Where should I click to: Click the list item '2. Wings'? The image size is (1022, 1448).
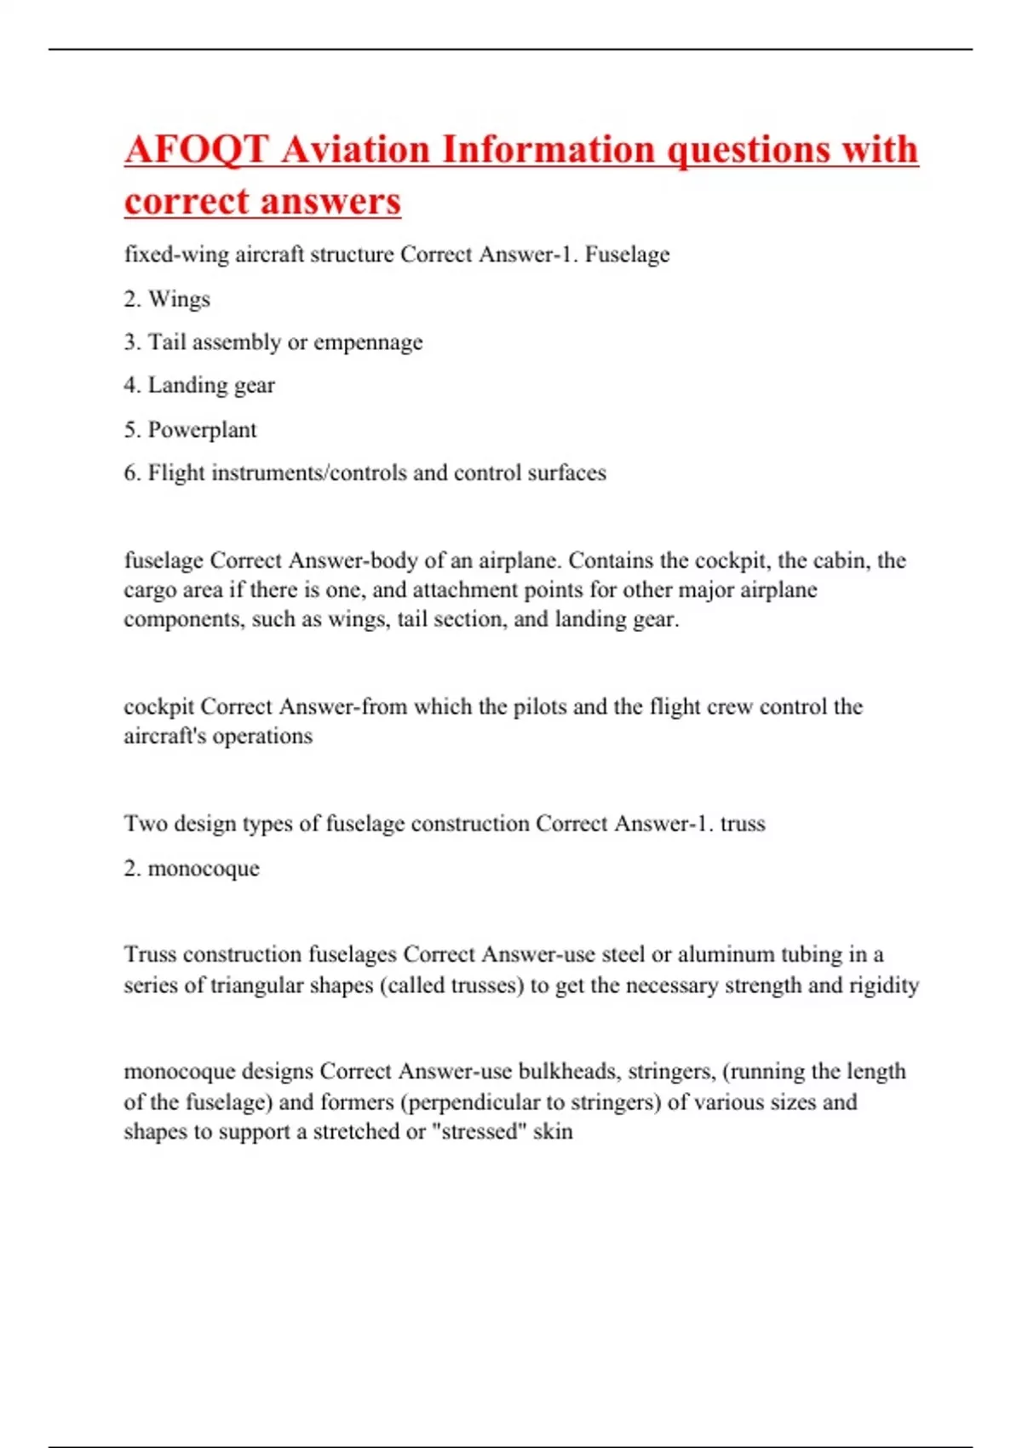coord(167,299)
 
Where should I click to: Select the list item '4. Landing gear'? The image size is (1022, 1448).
coord(199,386)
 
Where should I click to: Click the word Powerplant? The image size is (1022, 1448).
coord(202,430)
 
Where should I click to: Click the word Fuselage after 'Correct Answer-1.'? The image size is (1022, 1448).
coord(627,255)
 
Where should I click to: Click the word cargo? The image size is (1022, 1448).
coord(150,590)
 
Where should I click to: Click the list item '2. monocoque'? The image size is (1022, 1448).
coord(192,869)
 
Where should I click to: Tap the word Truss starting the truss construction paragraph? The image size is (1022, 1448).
coord(150,954)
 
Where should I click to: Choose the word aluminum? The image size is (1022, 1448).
coord(726,954)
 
